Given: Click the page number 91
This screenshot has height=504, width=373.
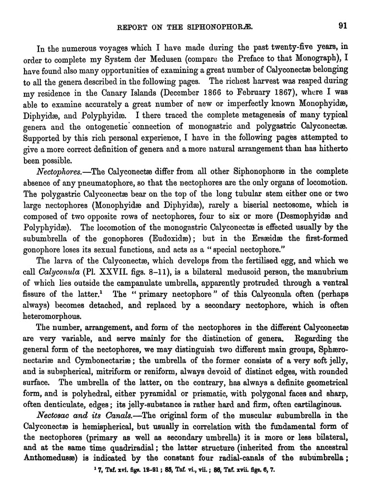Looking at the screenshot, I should (343, 26).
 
